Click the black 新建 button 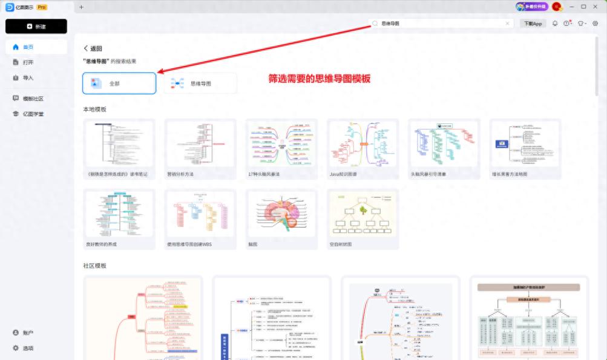click(x=36, y=27)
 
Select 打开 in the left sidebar click(x=28, y=62)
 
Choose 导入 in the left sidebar click(x=28, y=77)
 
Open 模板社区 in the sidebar click(x=33, y=99)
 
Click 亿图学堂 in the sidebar click(x=33, y=114)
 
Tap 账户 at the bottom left click(x=28, y=333)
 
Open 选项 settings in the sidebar click(x=28, y=348)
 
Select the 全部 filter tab click(x=119, y=83)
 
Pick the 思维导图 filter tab click(x=200, y=83)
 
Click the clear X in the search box click(x=507, y=24)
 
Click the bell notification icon click(x=555, y=24)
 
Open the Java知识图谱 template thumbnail click(x=363, y=143)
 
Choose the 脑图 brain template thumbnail click(x=281, y=214)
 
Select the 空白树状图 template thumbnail click(x=363, y=214)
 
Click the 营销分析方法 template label click(x=180, y=174)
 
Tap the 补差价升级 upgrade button click(x=532, y=7)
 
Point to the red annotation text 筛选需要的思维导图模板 click(x=319, y=79)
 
